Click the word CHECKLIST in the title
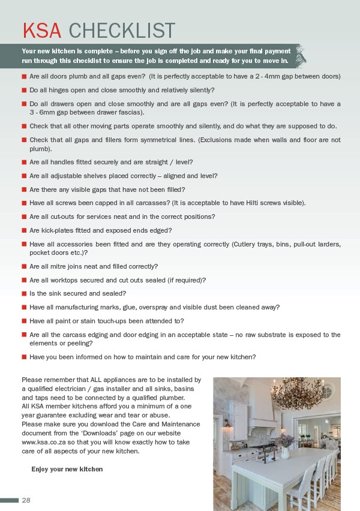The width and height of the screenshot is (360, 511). pos(122,31)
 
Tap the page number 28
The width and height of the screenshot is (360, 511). pos(26,500)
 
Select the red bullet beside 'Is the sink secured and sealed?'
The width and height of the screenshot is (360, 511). pos(24,293)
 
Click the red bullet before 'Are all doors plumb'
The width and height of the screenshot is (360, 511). pos(24,77)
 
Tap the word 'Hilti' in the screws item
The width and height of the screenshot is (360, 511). pos(260,203)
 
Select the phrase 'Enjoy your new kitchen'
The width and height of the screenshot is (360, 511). pos(67,469)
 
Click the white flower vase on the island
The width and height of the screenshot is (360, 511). pos(285,452)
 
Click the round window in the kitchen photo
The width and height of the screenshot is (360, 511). pos(327,391)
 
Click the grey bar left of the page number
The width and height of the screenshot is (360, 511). pos(10,500)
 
